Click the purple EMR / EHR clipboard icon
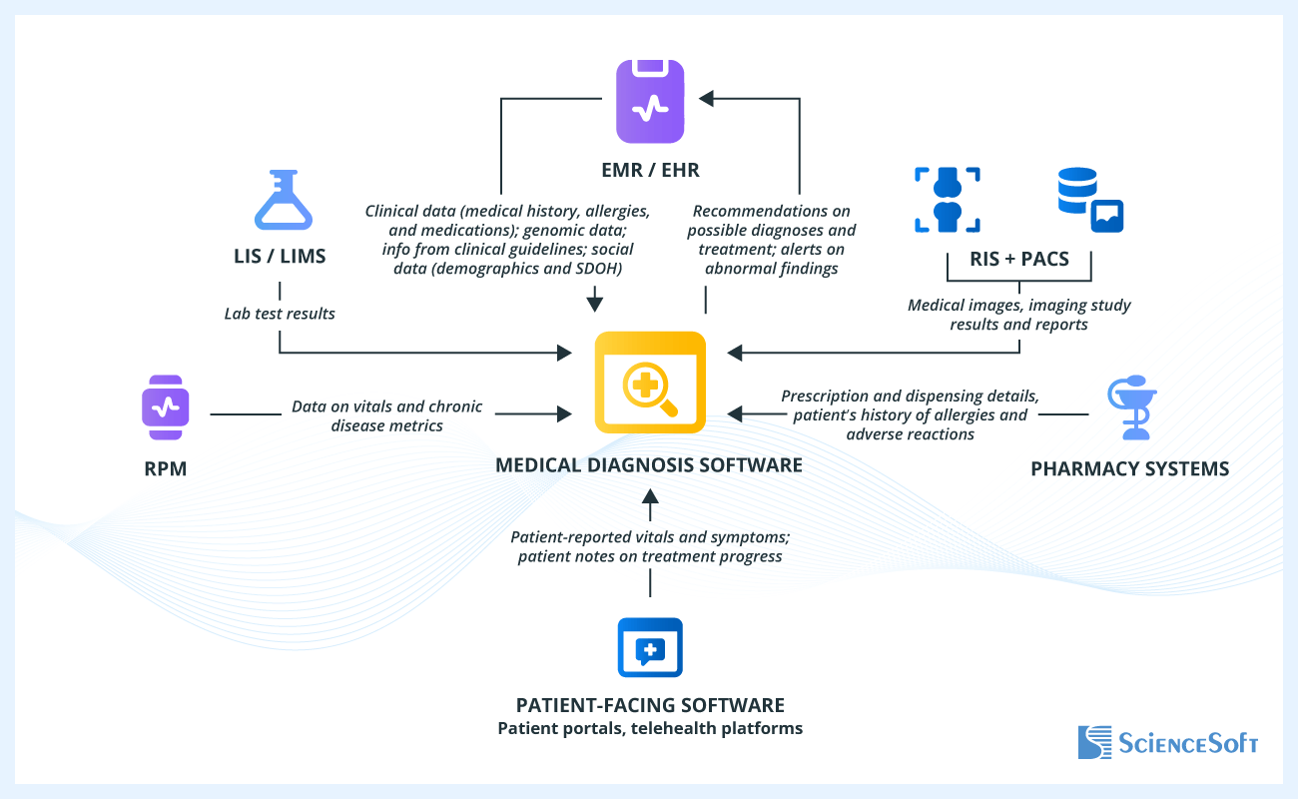[650, 101]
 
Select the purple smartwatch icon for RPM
[165, 407]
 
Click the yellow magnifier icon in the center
[650, 382]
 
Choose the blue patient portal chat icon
[650, 648]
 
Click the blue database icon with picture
[1090, 200]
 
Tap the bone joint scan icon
[947, 200]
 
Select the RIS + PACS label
[1019, 260]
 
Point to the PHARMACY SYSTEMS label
[1129, 468]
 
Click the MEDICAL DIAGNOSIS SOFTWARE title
[649, 464]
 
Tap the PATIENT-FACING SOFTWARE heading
[650, 704]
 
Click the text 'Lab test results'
[280, 314]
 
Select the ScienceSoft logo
[1167, 742]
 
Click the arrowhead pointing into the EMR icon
[707, 98]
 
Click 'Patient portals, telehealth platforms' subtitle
[650, 728]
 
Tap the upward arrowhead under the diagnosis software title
[650, 495]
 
